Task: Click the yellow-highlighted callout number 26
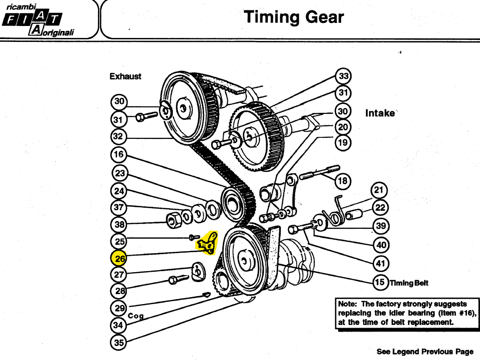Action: (x=119, y=258)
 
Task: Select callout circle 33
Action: (x=343, y=76)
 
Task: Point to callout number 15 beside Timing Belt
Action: (x=380, y=282)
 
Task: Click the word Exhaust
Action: (x=125, y=76)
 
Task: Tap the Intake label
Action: (x=380, y=113)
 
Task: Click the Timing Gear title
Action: (x=294, y=17)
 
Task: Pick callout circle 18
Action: (x=343, y=181)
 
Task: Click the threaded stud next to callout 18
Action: (x=320, y=173)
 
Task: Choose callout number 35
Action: (x=118, y=342)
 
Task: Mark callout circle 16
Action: (x=119, y=155)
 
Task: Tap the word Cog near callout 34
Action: (x=136, y=316)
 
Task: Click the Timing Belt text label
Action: (x=409, y=283)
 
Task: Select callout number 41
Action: (x=381, y=263)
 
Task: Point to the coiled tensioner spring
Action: (x=333, y=211)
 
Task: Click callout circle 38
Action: (x=119, y=225)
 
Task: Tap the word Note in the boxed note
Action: (x=347, y=304)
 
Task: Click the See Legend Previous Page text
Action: (x=425, y=352)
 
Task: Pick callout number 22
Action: (x=380, y=208)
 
